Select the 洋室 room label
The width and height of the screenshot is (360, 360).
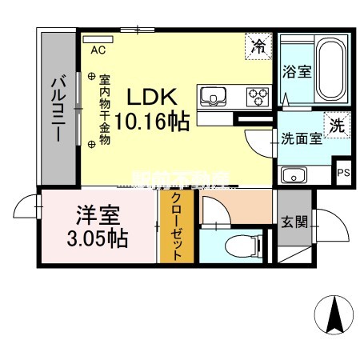click(94, 216)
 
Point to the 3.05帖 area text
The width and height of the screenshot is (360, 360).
click(95, 237)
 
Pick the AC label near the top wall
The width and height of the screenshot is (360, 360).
click(98, 50)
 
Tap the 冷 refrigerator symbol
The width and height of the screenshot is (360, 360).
click(258, 46)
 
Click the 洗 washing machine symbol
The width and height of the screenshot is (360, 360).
click(337, 126)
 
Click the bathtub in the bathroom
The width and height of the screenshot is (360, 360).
click(330, 70)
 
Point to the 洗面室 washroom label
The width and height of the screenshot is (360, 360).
click(301, 138)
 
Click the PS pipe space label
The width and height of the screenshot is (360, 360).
click(343, 172)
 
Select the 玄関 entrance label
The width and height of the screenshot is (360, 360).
click(291, 222)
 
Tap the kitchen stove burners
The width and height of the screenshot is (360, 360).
click(258, 97)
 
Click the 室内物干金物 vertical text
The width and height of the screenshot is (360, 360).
click(104, 109)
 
